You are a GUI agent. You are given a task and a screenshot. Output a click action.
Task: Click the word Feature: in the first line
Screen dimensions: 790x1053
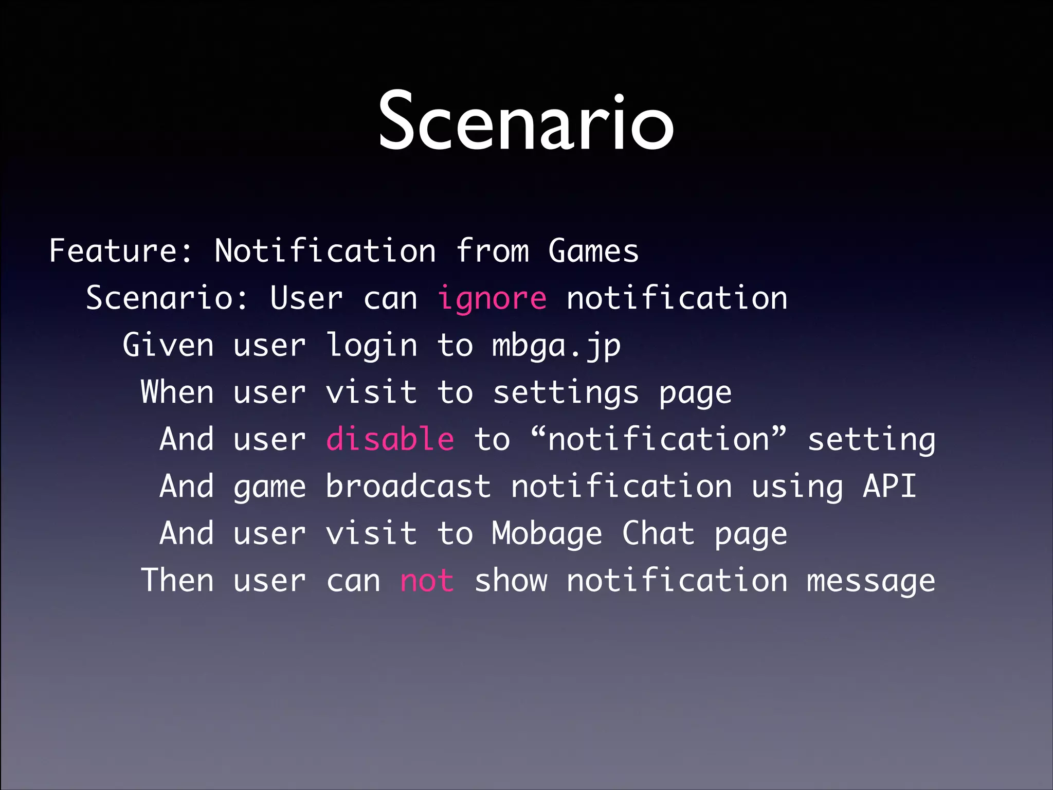[x=121, y=251]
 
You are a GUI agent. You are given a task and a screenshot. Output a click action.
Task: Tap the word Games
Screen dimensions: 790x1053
[x=593, y=251]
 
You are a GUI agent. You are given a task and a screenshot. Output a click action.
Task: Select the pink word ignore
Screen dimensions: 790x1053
[x=492, y=299]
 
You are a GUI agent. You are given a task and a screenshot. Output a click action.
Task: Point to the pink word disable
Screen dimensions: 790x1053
[x=390, y=440]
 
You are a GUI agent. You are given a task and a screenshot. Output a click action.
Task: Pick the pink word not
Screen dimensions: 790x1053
[x=427, y=581]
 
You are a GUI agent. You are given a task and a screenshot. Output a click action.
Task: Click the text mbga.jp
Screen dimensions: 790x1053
[x=556, y=346]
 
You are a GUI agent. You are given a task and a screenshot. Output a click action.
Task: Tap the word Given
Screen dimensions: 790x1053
[x=168, y=345]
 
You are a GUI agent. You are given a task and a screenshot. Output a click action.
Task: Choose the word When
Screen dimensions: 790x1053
[x=177, y=392]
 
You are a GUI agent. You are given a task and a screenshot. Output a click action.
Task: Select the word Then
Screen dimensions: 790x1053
[x=177, y=581]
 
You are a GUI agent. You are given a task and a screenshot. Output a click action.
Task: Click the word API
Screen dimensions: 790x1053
[x=889, y=487]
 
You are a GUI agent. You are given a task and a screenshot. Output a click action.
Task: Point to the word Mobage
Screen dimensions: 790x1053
[x=547, y=534]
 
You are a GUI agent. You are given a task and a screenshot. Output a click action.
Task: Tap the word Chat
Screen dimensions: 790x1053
[x=658, y=533]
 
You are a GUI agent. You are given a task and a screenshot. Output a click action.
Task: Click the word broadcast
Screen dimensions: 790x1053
[x=408, y=487]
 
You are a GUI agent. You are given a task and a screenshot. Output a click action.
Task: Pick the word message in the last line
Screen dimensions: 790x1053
[x=870, y=582]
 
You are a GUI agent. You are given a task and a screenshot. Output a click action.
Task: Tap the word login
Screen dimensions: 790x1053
[x=372, y=346]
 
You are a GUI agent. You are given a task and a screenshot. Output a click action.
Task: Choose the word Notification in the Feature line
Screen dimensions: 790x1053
[x=325, y=251]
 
